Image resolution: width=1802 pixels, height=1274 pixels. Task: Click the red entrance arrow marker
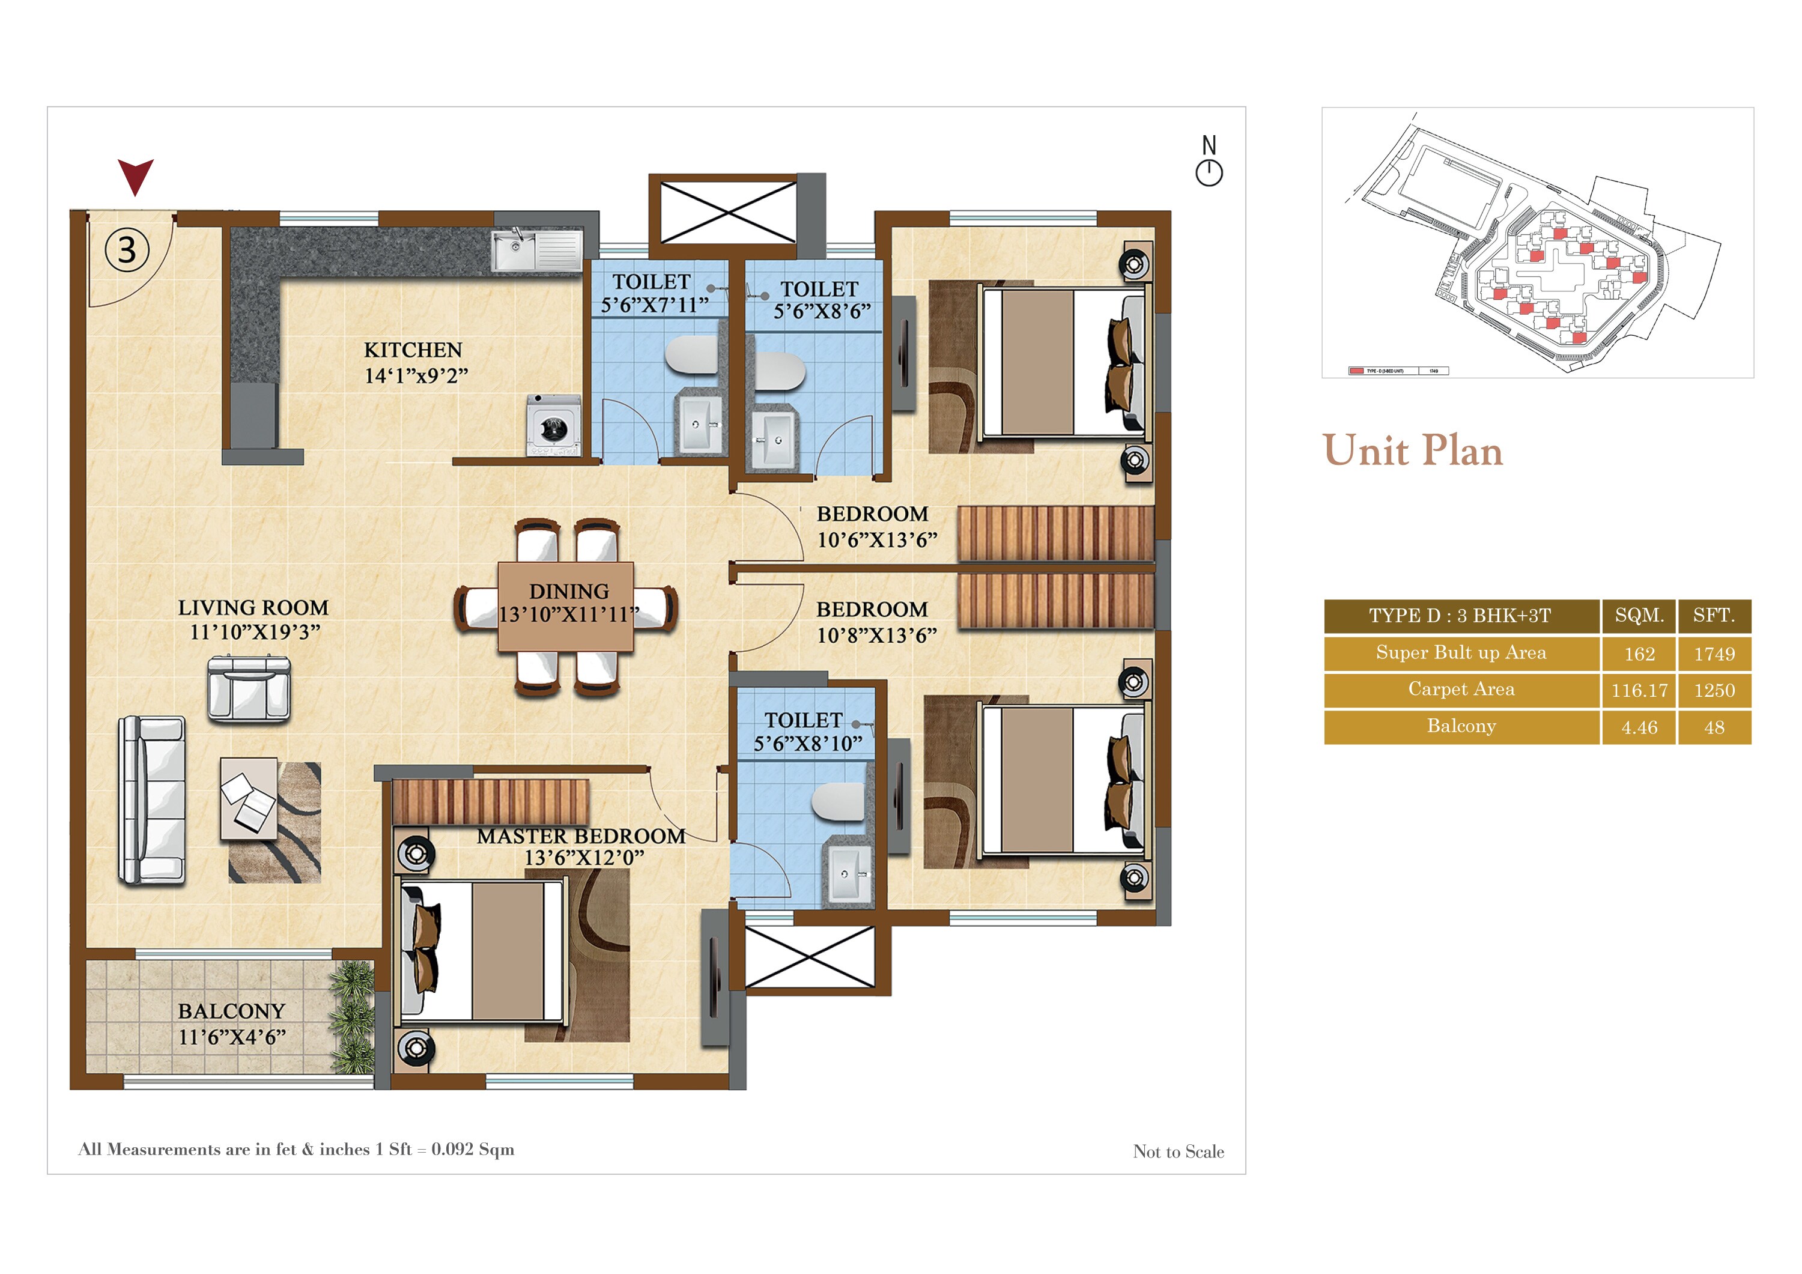(x=135, y=175)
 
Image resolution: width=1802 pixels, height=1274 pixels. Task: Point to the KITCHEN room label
(x=413, y=350)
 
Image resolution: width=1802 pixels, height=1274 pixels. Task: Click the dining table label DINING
(x=569, y=591)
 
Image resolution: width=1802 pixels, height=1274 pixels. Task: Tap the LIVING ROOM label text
(x=253, y=607)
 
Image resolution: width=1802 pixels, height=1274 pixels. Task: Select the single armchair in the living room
(x=249, y=689)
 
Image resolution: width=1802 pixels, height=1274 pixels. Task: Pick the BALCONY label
(x=231, y=1011)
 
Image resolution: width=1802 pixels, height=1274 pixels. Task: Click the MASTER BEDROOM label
(x=581, y=836)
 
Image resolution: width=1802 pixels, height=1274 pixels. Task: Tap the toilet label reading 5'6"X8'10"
(x=808, y=744)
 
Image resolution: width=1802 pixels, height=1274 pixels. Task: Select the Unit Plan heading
(x=1413, y=450)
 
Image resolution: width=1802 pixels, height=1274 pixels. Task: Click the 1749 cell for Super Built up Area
(x=1714, y=654)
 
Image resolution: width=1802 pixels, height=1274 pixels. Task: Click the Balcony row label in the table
(x=1461, y=726)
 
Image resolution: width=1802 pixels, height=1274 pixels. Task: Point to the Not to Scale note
(x=1178, y=1151)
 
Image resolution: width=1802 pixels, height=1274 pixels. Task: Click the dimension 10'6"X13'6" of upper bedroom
(x=876, y=540)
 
